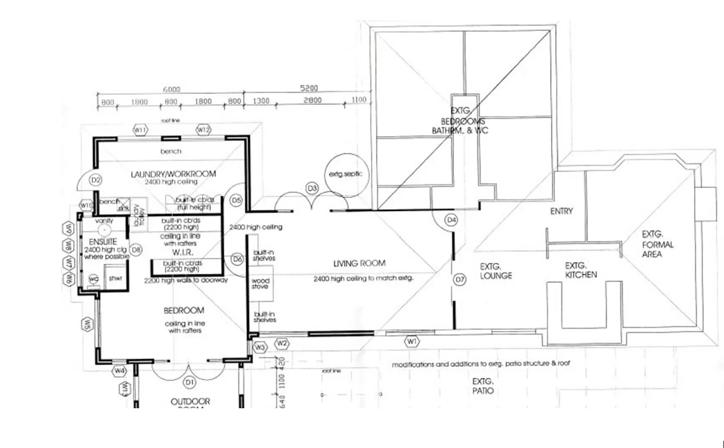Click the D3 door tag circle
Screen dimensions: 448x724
tap(312, 189)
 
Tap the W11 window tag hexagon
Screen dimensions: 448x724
tap(141, 130)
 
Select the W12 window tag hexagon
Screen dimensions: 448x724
tap(203, 130)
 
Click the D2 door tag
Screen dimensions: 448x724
tap(96, 179)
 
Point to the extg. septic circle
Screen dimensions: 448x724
tap(345, 174)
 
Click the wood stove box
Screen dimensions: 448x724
tap(260, 284)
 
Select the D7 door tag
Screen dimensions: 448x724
tap(460, 280)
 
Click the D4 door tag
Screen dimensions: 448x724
tap(451, 220)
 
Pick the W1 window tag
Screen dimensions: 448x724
tap(412, 341)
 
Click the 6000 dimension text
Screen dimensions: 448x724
tap(170, 89)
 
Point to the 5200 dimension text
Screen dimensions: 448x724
tap(309, 88)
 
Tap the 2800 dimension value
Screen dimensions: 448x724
tap(313, 100)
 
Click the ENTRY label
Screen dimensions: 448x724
tap(561, 211)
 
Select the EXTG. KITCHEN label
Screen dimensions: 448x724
tap(581, 270)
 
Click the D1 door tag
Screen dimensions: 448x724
tap(189, 383)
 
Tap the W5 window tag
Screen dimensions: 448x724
tap(87, 324)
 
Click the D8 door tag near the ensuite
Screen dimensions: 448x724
tap(136, 250)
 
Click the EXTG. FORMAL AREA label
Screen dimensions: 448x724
tap(657, 244)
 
